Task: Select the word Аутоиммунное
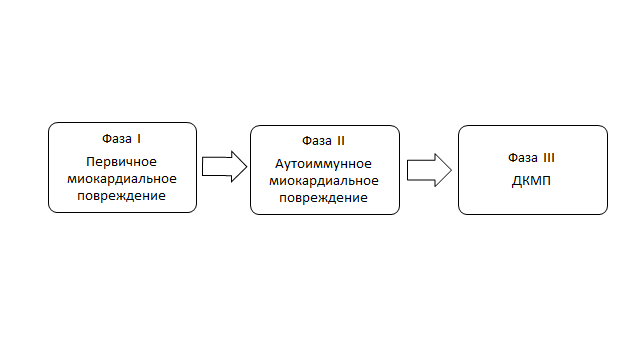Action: pos(325,162)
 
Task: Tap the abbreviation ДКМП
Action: pos(532,183)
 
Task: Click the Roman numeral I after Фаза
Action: pos(139,137)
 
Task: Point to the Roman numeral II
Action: pos(342,139)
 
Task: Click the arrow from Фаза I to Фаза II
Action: pos(223,166)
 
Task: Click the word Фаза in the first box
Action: pos(116,137)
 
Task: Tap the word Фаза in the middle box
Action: pos(317,139)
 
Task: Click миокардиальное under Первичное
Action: pos(122,178)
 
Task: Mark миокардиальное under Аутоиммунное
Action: pos(325,180)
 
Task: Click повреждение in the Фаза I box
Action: pos(122,196)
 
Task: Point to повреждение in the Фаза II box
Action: pos(325,198)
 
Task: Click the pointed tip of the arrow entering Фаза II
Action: pos(243,166)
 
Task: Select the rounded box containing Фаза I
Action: pos(122,205)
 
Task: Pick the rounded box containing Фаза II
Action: pos(325,207)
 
